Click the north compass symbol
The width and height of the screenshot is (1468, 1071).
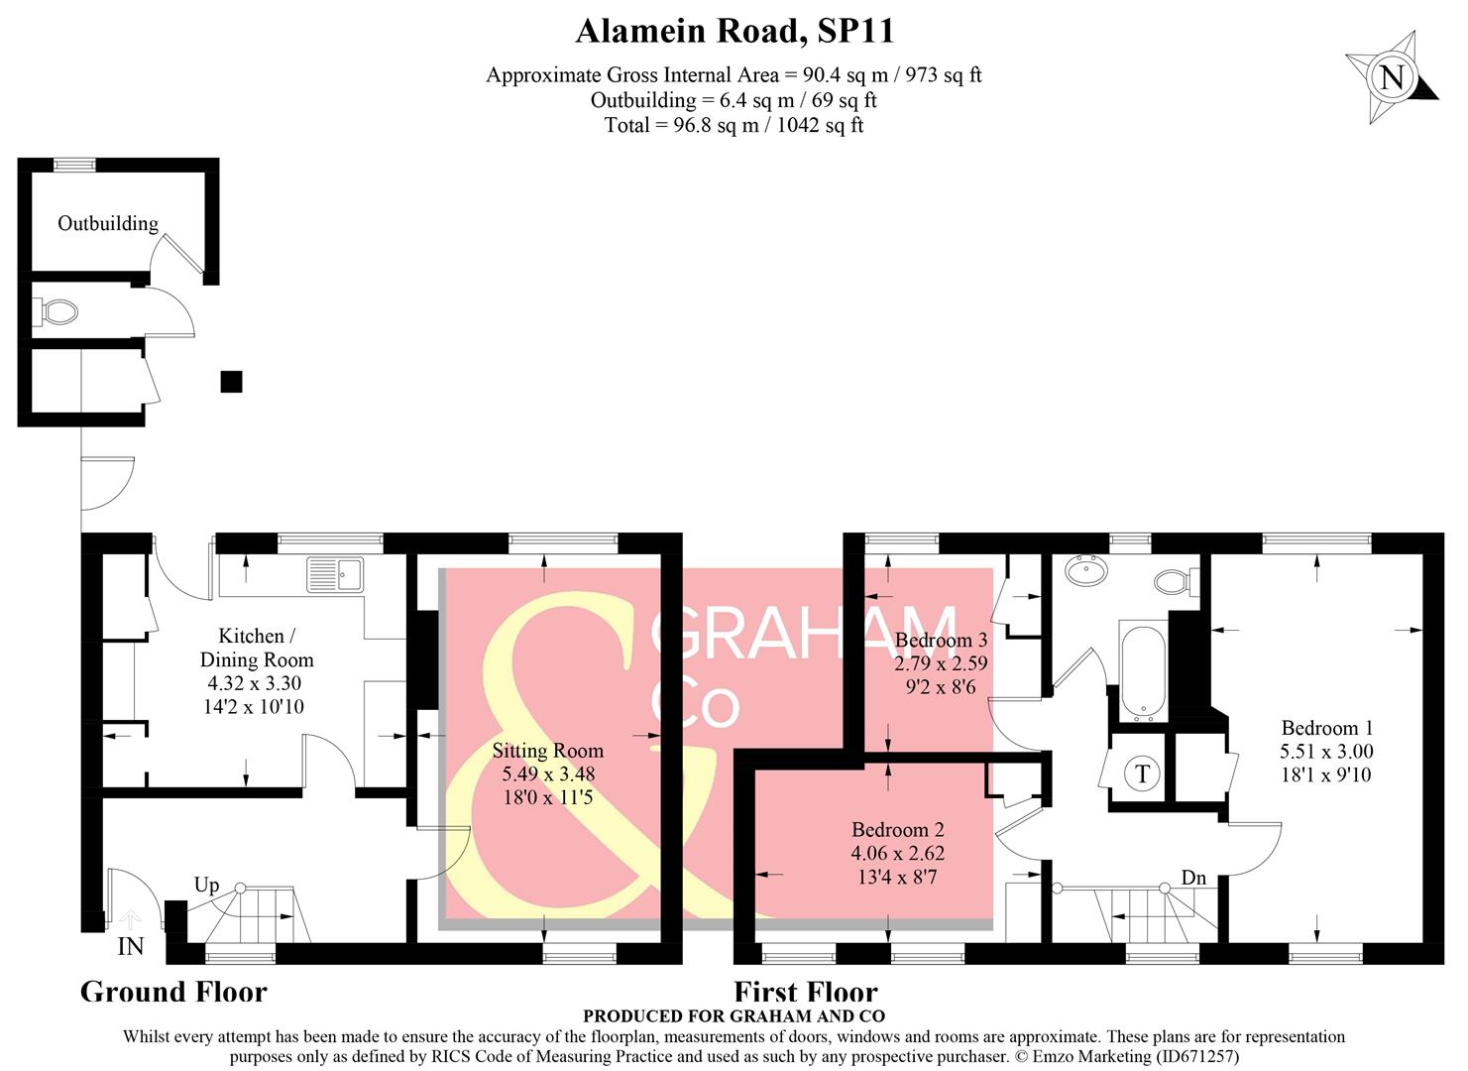pyautogui.click(x=1392, y=77)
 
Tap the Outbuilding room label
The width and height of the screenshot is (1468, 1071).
pyautogui.click(x=107, y=223)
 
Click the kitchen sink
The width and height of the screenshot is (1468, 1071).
pyautogui.click(x=336, y=573)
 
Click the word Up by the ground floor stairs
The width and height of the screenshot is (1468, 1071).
pyautogui.click(x=206, y=885)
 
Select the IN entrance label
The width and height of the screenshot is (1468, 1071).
pyautogui.click(x=131, y=946)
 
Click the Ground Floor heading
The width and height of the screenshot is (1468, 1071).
pyautogui.click(x=173, y=992)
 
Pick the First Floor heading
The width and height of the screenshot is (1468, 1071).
pyautogui.click(x=805, y=992)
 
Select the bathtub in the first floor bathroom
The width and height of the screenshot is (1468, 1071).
pyautogui.click(x=1144, y=670)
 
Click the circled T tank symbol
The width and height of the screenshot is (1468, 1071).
pyautogui.click(x=1142, y=773)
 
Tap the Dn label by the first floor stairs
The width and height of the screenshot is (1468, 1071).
pyautogui.click(x=1193, y=878)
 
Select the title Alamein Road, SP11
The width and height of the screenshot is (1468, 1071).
pyautogui.click(x=734, y=31)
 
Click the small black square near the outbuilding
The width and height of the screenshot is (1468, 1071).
pyautogui.click(x=231, y=381)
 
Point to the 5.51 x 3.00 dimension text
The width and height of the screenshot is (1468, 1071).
pyautogui.click(x=1326, y=751)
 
